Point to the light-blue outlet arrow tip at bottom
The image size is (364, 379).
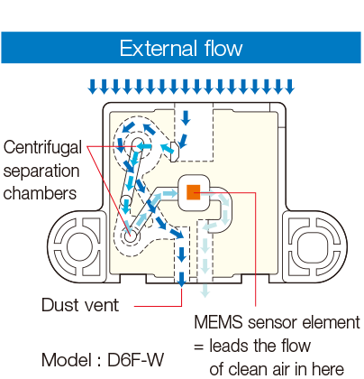coord(206,292)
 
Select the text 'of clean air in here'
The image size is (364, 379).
coord(276,367)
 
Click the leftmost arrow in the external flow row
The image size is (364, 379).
coord(92,87)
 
